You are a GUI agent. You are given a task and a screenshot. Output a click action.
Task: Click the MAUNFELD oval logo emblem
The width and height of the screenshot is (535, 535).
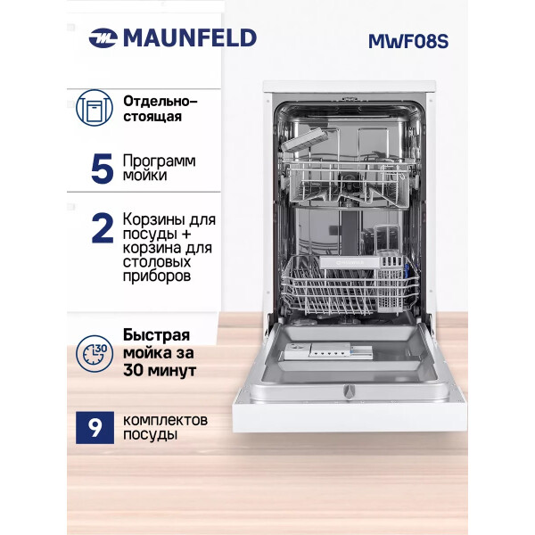103,37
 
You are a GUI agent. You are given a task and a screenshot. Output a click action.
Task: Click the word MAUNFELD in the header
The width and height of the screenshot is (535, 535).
190,37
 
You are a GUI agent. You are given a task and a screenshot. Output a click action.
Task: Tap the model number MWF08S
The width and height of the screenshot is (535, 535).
408,41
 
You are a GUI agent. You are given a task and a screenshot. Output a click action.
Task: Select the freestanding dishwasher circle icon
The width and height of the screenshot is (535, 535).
95,108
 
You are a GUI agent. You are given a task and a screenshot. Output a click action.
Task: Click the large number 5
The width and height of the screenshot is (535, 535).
102,169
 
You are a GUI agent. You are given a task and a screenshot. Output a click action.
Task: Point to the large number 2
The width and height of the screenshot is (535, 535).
103,228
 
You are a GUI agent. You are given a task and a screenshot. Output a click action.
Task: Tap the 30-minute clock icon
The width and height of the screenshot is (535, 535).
95,353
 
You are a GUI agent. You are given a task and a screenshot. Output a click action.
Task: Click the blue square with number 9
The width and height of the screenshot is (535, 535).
95,427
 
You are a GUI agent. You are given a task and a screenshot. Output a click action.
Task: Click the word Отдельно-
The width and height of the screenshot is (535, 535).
160,102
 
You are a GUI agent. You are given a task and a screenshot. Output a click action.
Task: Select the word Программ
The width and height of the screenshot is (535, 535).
160,161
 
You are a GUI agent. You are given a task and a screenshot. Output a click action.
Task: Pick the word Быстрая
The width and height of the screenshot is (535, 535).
156,335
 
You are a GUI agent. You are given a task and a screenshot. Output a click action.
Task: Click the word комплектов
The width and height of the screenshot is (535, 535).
165,420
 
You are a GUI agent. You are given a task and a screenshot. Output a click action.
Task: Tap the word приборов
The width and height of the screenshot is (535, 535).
157,276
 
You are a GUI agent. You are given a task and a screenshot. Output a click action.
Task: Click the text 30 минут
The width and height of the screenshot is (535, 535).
160,370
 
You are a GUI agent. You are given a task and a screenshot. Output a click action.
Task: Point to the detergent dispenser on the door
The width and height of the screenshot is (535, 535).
328,352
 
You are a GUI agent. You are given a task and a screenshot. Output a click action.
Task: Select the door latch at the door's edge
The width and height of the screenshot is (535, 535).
349,391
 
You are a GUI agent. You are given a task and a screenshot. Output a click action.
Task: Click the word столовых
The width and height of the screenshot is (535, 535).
157,262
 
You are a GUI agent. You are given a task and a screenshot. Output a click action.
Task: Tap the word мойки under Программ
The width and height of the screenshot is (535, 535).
144,176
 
